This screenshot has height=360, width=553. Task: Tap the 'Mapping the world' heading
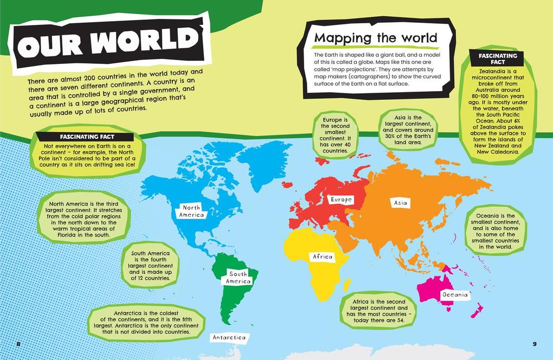click(376, 38)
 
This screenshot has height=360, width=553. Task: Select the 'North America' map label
click(191, 211)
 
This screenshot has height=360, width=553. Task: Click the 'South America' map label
click(238, 278)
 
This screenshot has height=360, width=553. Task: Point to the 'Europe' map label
click(342, 200)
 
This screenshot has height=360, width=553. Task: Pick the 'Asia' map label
click(401, 203)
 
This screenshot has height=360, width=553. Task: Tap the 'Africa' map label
click(322, 257)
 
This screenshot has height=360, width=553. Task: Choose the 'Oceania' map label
click(454, 295)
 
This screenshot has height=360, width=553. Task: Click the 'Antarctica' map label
click(229, 338)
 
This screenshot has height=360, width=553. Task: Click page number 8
click(19, 344)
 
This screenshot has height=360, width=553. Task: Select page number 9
click(534, 344)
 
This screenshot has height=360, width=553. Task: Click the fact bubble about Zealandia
click(498, 103)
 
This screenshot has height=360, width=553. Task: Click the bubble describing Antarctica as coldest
click(146, 323)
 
